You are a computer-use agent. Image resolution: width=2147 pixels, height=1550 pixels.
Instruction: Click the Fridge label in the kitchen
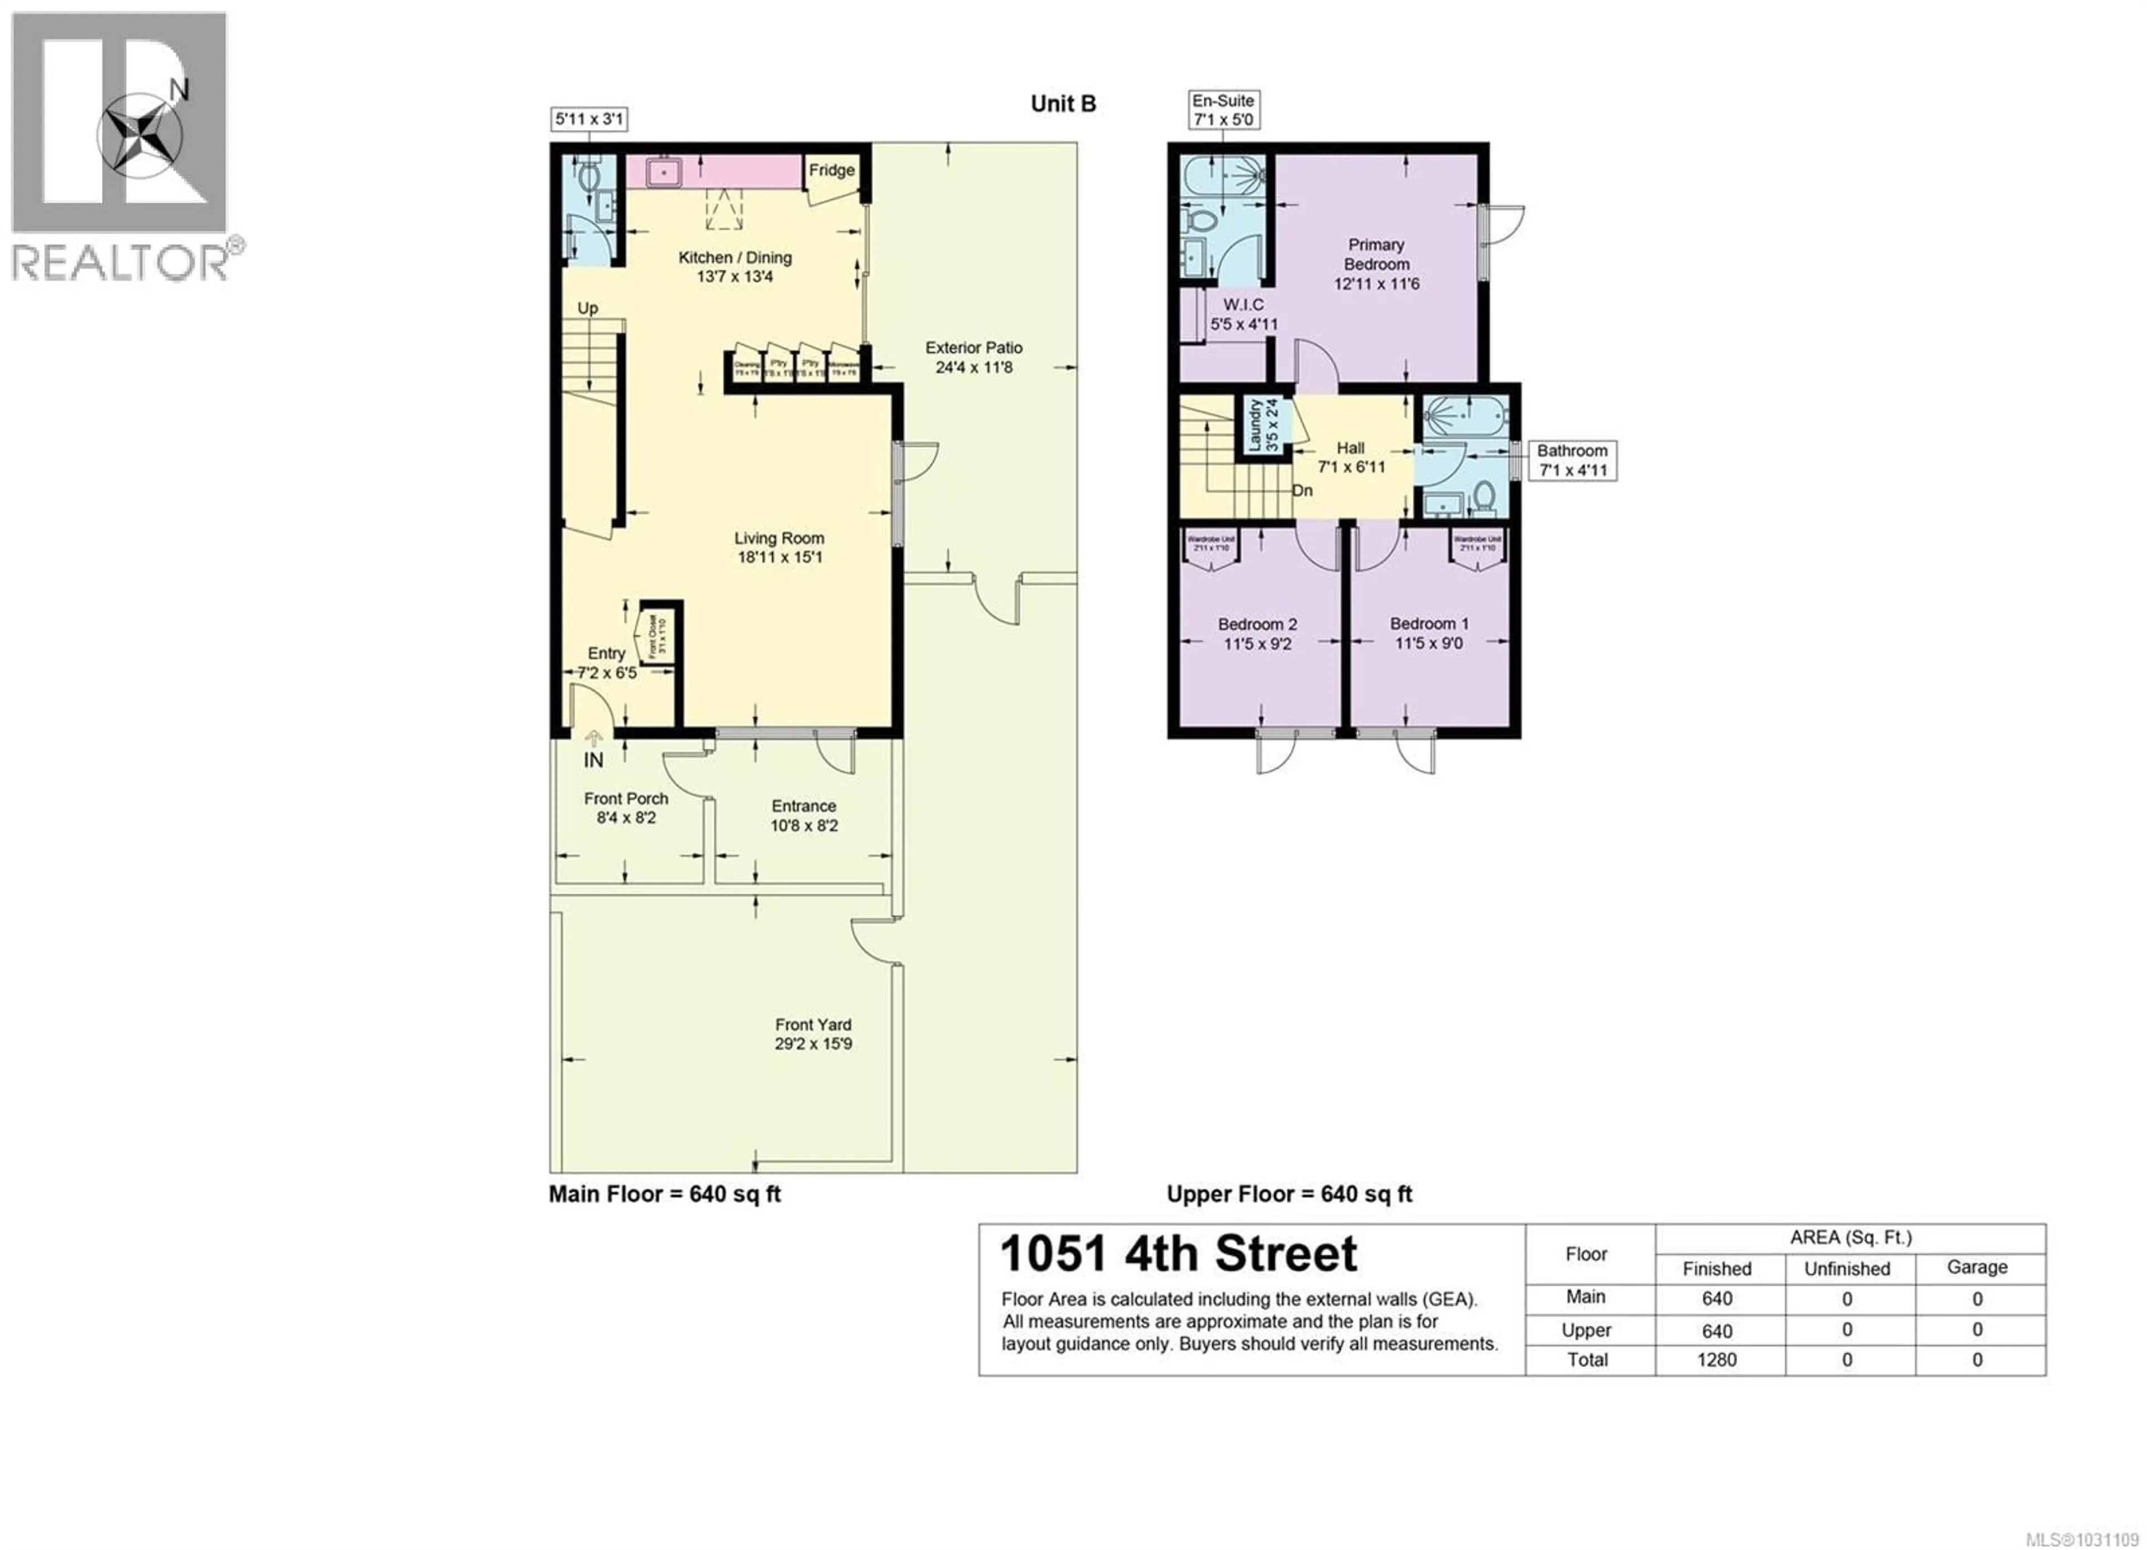(x=831, y=171)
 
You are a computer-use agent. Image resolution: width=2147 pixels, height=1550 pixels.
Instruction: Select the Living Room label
(x=779, y=538)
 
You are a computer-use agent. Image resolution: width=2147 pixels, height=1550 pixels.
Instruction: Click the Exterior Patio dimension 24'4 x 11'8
(x=974, y=367)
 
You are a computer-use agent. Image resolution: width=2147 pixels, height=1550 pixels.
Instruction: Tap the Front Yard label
(x=813, y=1024)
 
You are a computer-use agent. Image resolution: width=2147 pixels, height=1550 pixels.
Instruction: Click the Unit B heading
(x=1063, y=104)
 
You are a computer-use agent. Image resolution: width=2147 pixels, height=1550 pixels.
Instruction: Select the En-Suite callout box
(x=1223, y=110)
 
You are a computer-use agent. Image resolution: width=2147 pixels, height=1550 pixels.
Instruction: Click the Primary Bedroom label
(x=1377, y=255)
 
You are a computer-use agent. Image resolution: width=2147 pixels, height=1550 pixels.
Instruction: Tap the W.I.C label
(x=1243, y=305)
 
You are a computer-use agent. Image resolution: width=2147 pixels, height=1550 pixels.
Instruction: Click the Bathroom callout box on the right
(x=1572, y=460)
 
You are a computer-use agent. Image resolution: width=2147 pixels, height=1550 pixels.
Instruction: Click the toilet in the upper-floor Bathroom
(x=1483, y=495)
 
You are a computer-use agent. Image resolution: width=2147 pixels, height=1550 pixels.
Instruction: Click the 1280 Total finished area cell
(x=1716, y=1360)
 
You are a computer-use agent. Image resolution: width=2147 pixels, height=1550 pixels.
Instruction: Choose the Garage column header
(x=1976, y=1267)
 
